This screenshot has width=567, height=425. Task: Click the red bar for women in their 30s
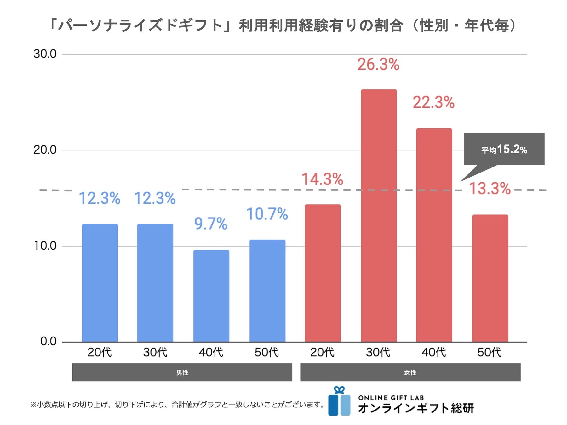pos(379,216)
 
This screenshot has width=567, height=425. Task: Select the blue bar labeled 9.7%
pos(211,296)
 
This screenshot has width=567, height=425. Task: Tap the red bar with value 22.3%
pos(434,235)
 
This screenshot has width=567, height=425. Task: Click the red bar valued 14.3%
pos(323,273)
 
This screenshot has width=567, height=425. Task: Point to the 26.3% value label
pos(378,64)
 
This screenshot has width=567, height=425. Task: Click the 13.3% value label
pos(490,189)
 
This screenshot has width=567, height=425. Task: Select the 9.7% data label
pos(211,224)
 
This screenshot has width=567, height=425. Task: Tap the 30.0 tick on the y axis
pos(45,54)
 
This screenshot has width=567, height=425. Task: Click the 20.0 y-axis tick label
pos(45,150)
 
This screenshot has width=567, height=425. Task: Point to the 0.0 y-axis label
pos(48,341)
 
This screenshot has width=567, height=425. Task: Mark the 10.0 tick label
pos(45,246)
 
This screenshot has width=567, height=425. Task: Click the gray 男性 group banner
pos(182,372)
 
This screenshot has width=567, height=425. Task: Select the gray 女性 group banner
pos(410,372)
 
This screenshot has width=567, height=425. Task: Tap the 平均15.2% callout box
pos(504,149)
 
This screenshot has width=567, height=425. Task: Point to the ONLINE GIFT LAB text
pos(391,398)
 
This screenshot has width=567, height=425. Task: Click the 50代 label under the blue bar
pos(267,352)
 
